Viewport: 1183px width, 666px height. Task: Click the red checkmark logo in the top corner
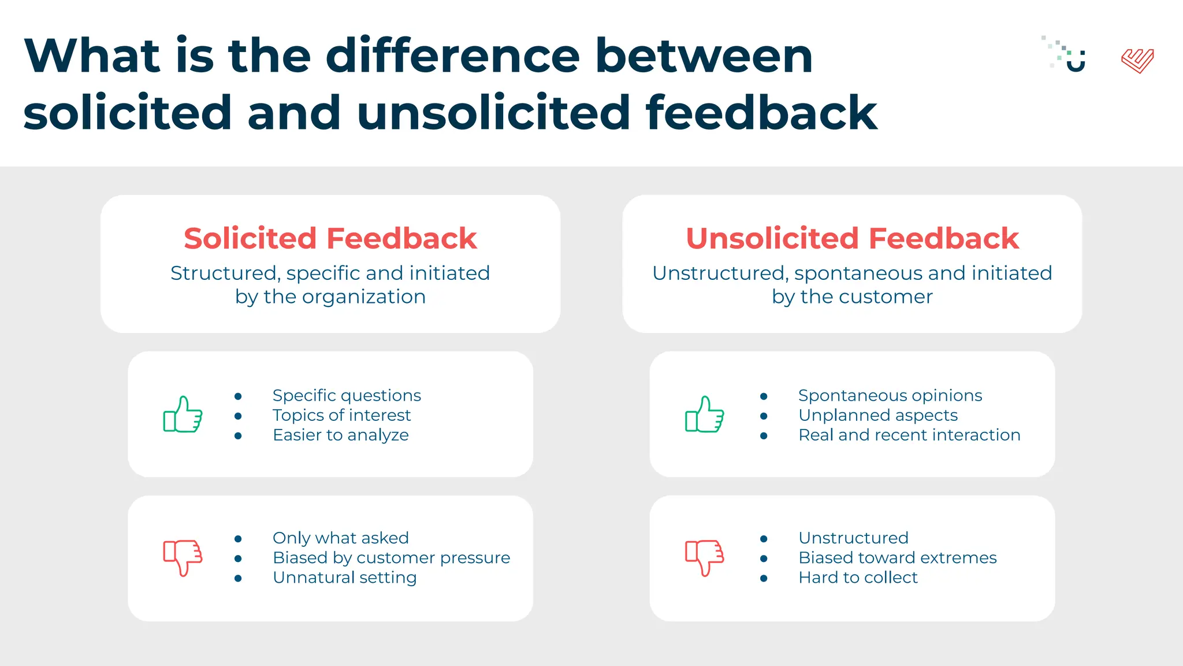point(1137,60)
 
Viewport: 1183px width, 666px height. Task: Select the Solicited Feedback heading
point(330,238)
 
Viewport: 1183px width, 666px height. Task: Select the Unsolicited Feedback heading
point(852,238)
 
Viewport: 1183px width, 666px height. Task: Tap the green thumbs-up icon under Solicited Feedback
point(183,415)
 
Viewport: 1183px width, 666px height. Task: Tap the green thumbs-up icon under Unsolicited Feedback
point(704,415)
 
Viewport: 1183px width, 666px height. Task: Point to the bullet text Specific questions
point(347,395)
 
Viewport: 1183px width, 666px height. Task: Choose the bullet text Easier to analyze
point(340,435)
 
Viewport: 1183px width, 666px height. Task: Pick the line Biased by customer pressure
point(391,558)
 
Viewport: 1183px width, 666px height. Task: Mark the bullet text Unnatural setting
point(344,578)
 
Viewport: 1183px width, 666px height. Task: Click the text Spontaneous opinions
point(890,395)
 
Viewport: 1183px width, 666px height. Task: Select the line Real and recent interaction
point(909,435)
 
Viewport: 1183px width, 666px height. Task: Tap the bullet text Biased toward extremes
point(897,558)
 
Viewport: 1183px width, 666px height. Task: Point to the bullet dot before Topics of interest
point(238,416)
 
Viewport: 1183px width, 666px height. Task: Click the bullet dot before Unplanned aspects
point(764,416)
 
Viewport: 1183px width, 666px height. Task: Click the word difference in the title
point(452,56)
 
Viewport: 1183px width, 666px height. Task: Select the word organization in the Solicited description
point(363,297)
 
